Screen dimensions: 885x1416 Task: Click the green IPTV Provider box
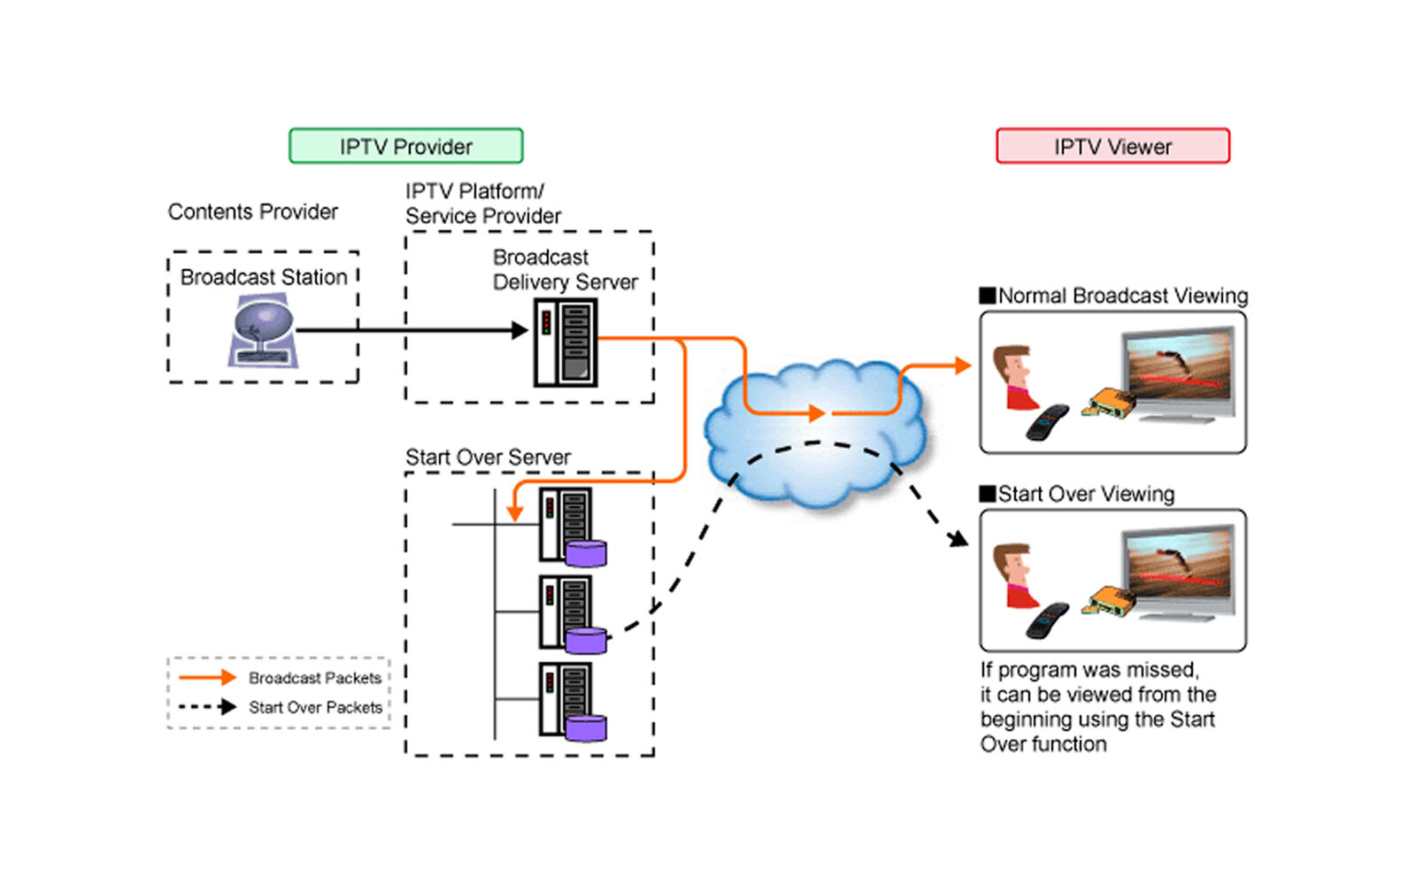(406, 146)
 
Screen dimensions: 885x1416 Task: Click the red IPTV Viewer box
(1112, 146)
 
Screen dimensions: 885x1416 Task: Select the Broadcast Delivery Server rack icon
(566, 342)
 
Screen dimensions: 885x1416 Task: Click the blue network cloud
(814, 434)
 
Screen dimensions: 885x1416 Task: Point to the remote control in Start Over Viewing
(1047, 619)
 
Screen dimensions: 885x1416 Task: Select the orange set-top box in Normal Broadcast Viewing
(1112, 403)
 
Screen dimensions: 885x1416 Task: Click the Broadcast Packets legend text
(315, 678)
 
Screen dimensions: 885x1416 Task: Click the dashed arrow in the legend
(207, 707)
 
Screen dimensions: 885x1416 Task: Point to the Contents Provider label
(253, 212)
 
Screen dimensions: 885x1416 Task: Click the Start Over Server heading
(488, 458)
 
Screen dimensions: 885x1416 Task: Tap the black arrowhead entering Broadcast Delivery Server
(520, 330)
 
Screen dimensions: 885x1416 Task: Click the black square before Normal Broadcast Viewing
(988, 296)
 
